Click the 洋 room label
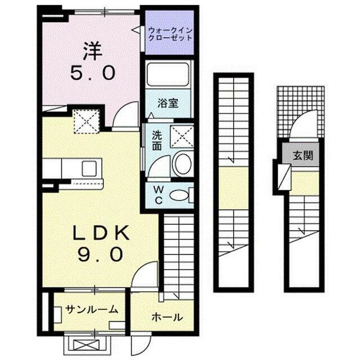tap(93, 51)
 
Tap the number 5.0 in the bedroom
tap(93, 73)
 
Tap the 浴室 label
tap(168, 103)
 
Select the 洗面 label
tap(157, 141)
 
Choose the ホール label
tap(167, 317)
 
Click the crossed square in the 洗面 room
tap(182, 136)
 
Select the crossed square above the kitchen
tap(87, 120)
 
